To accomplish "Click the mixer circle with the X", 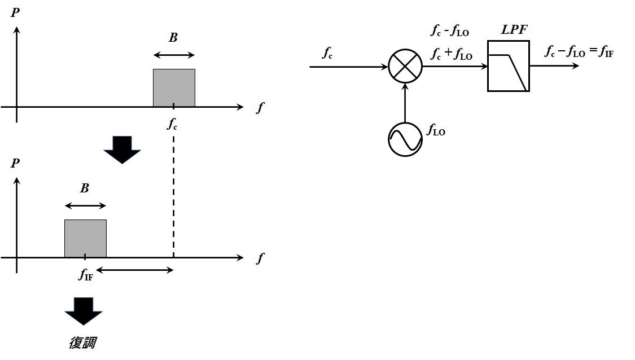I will click(x=405, y=66).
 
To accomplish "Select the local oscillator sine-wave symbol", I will click(x=405, y=139).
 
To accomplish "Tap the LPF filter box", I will click(x=508, y=66).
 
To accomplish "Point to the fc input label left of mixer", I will click(x=327, y=52).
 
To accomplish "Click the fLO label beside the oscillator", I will click(x=436, y=131).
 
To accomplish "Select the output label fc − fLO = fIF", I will click(x=579, y=52).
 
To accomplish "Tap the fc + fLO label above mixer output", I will click(x=451, y=54).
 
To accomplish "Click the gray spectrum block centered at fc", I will click(x=174, y=87).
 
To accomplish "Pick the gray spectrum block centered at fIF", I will click(x=85, y=238).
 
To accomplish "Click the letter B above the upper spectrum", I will click(x=173, y=38).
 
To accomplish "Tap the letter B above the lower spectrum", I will click(x=85, y=188).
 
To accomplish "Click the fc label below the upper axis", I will click(x=172, y=124).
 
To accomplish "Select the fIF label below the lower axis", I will click(x=85, y=275).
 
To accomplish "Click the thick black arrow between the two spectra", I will click(x=122, y=150).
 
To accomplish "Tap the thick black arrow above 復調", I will click(x=83, y=310).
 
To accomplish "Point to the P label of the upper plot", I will click(x=15, y=12).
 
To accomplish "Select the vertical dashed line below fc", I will click(x=173, y=192).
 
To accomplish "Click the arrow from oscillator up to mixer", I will click(x=405, y=102).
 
